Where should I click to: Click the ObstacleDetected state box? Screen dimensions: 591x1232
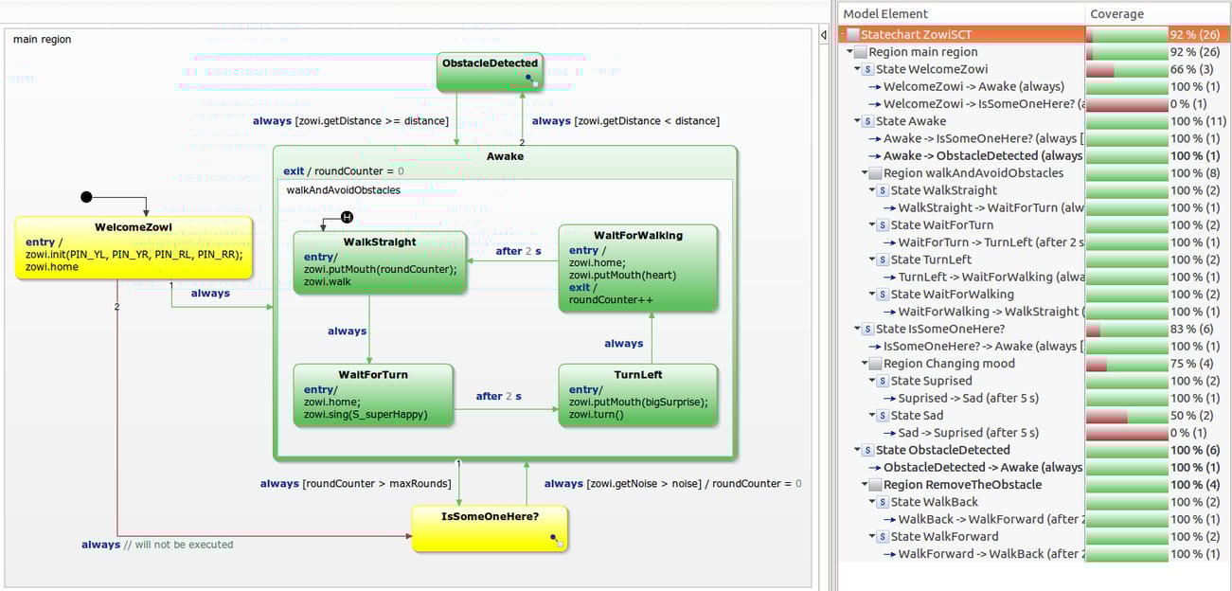tap(490, 72)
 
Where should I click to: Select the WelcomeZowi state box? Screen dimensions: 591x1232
tap(134, 248)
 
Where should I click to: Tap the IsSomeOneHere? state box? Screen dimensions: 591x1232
tap(490, 528)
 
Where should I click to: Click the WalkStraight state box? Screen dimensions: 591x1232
tap(380, 262)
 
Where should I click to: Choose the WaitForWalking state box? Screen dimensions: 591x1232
tap(637, 269)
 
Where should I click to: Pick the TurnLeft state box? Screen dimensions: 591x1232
tap(637, 396)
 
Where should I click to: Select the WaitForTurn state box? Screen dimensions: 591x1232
tap(373, 396)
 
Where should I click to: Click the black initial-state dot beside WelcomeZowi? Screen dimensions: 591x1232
tap(87, 197)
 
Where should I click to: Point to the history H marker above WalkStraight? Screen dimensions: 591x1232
tap(347, 218)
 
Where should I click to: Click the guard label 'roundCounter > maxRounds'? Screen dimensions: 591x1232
tap(377, 484)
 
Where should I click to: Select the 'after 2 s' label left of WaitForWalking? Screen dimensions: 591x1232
tap(518, 251)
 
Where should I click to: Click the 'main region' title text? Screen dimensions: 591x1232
tap(42, 39)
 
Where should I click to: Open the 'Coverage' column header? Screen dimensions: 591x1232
tap(1116, 14)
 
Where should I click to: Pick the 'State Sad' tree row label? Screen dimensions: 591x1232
tap(918, 415)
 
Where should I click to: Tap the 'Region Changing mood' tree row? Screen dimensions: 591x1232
tap(948, 364)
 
